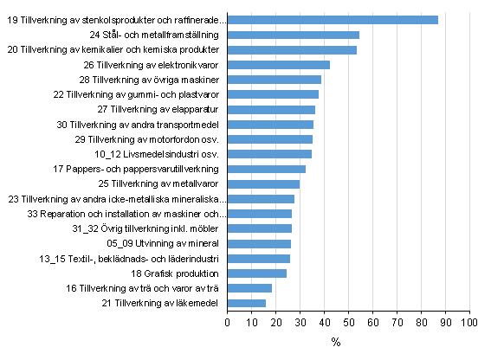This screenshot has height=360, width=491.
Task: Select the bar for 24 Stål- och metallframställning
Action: click(x=293, y=35)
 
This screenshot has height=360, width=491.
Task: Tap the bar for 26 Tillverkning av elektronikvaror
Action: click(x=278, y=65)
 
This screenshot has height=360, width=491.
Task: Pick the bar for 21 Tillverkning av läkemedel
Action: click(x=246, y=303)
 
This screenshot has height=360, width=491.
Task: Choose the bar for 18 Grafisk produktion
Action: click(x=256, y=273)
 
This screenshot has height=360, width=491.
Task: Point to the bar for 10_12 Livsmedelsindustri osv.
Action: click(x=269, y=154)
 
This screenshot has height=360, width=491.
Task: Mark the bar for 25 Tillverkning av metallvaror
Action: click(x=263, y=183)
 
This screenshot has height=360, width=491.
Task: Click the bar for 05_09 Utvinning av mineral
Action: click(x=259, y=243)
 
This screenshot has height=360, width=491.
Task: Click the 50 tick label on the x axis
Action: click(x=348, y=323)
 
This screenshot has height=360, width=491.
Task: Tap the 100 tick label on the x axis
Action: click(x=469, y=323)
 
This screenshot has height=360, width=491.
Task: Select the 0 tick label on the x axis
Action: click(x=227, y=323)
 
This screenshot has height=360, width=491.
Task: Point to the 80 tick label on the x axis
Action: click(x=421, y=323)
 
